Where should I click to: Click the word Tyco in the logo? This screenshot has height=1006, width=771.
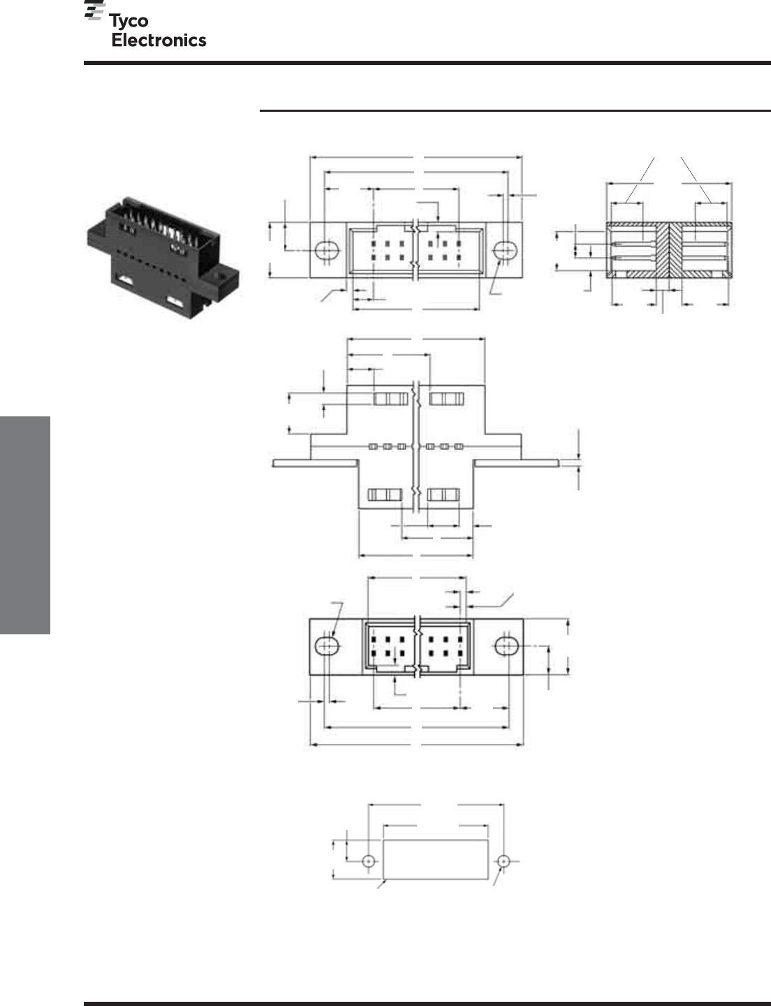point(128,22)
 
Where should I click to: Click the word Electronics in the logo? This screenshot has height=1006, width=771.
point(159,41)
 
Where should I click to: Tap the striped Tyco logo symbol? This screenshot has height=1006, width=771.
point(94,10)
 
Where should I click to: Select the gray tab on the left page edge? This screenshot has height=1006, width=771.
point(25,525)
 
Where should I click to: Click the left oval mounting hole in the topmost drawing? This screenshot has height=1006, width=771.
point(327,251)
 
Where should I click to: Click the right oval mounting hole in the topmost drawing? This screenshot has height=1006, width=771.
point(506,251)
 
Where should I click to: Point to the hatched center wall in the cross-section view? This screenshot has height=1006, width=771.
point(670,250)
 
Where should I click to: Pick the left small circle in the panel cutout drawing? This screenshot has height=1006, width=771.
point(368,861)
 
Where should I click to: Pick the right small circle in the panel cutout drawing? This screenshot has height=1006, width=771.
point(504,861)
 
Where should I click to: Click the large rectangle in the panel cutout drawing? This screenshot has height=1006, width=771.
point(436,859)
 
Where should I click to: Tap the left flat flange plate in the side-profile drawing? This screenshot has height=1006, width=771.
point(315,463)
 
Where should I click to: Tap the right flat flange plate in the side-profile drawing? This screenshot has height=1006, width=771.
point(517,463)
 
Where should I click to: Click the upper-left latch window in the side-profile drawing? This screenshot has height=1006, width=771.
point(391,399)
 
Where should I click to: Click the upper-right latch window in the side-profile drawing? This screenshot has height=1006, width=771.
point(446,399)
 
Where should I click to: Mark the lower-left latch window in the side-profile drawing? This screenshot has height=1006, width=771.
point(385,495)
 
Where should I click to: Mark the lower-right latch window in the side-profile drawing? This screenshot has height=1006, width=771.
point(443,495)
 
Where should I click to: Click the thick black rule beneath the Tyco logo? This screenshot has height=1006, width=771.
point(427,62)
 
